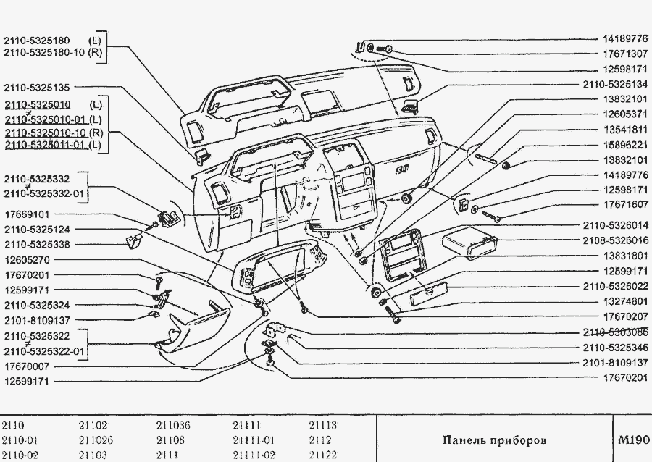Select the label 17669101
26,214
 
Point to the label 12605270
26,260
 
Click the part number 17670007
26,366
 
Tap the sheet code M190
632,440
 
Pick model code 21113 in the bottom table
322,426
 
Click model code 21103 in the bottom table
93,455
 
